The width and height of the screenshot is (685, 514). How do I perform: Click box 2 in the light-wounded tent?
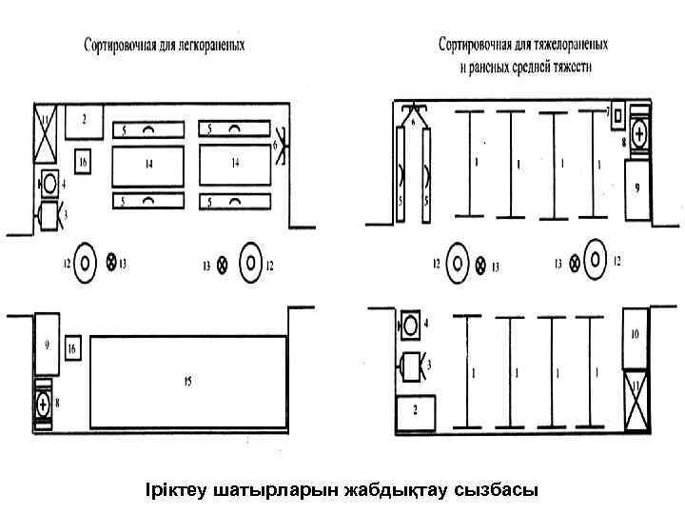pyautogui.click(x=85, y=121)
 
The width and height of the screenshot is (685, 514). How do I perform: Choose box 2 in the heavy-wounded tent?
pyautogui.click(x=416, y=411)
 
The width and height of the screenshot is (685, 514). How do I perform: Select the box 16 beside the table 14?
pyautogui.click(x=84, y=163)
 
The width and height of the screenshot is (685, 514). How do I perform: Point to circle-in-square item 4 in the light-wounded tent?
pyautogui.click(x=48, y=181)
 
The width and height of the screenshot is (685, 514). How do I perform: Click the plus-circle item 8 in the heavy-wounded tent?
pyautogui.click(x=638, y=134)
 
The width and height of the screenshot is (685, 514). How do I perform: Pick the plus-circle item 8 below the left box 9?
pyautogui.click(x=43, y=404)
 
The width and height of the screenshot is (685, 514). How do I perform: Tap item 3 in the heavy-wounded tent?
pyautogui.click(x=410, y=365)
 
